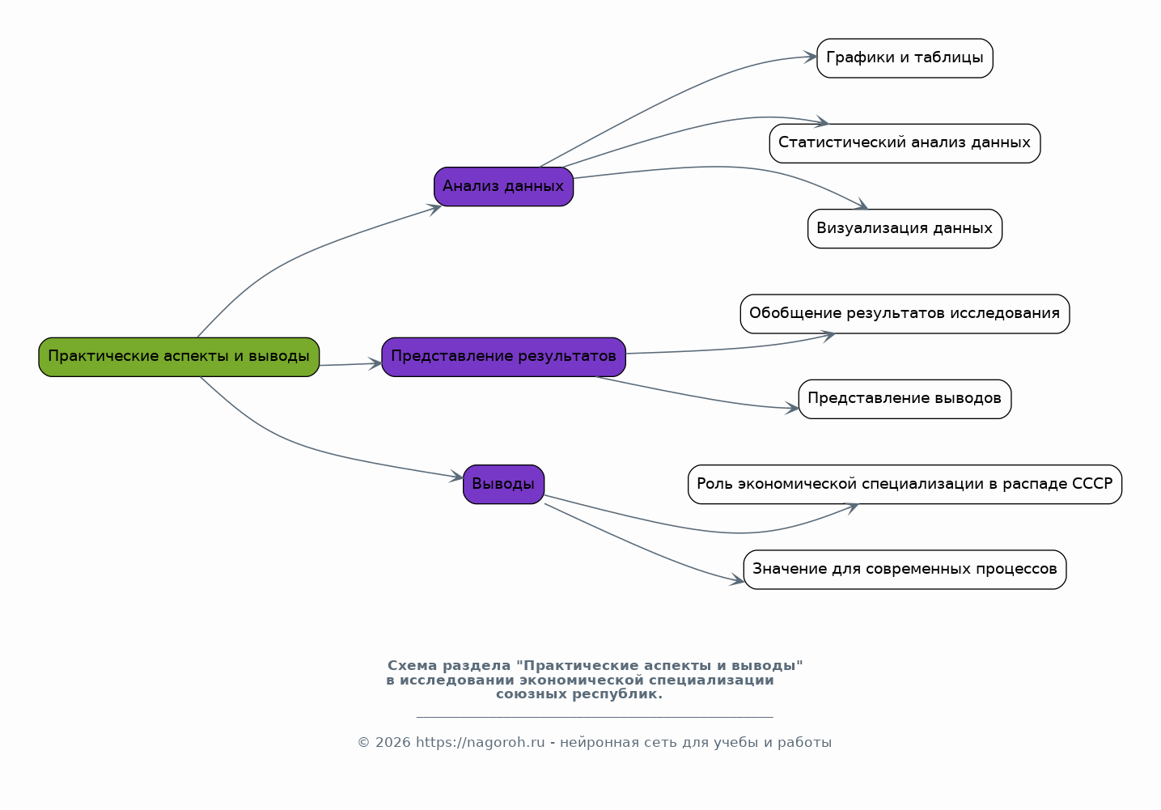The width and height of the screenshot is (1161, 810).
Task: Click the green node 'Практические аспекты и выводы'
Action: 179,357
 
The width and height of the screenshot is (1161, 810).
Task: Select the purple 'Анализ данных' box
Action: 504,187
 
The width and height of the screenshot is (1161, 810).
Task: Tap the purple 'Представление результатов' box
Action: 504,357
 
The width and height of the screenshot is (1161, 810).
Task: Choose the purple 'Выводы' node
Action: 504,485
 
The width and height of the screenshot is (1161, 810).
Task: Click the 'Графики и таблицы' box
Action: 905,58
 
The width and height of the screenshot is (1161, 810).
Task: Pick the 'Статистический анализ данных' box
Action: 905,143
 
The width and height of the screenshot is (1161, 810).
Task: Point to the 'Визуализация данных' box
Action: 905,229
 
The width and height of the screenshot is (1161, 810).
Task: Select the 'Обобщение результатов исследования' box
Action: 905,314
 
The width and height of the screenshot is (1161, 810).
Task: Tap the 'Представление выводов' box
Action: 905,399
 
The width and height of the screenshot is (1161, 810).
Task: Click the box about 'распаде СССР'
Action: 905,485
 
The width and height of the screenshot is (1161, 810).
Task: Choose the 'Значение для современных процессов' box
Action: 905,570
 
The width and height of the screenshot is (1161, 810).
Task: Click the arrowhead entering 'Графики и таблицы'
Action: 811,57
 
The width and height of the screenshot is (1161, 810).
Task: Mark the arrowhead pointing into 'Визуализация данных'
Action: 862,205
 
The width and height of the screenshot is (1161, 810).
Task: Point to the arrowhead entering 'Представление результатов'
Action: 375,363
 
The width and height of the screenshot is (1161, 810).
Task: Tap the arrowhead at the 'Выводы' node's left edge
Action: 456,477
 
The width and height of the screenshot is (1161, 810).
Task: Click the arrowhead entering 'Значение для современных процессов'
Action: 737,580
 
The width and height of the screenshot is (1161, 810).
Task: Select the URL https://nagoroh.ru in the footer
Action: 480,743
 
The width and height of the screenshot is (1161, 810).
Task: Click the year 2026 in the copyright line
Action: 393,743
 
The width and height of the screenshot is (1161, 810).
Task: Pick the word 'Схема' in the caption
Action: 412,666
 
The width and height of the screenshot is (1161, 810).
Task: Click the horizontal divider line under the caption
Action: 595,717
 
